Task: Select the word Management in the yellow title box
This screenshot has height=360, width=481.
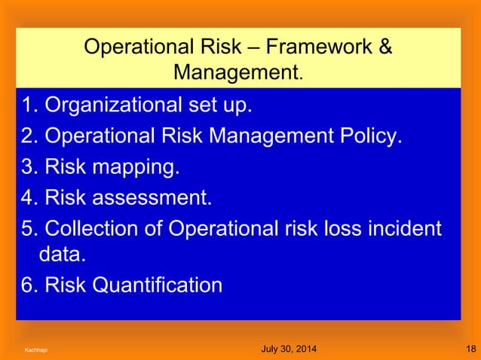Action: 236,74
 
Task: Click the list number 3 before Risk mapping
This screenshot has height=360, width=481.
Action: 28,166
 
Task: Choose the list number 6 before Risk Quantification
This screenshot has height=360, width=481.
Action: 28,285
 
